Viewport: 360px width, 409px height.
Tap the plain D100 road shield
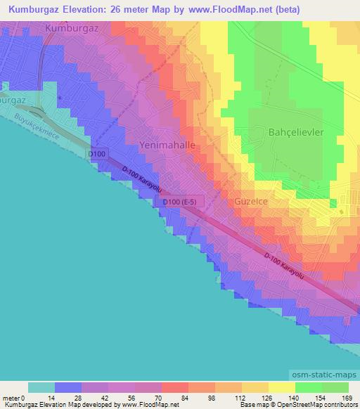pos(98,153)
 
